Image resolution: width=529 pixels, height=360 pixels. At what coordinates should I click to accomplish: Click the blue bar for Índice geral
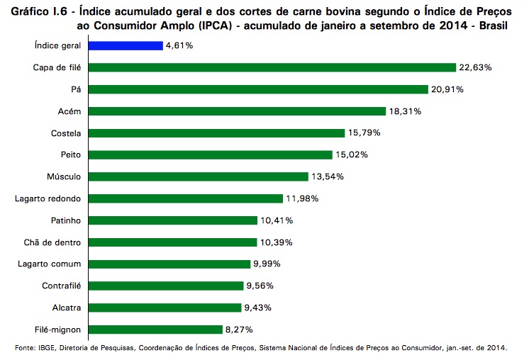point(127,45)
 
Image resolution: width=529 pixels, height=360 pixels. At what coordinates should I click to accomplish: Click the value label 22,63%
point(475,67)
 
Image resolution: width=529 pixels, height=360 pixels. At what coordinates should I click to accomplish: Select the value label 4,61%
point(179,45)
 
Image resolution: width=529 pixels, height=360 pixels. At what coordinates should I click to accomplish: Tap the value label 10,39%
point(277,242)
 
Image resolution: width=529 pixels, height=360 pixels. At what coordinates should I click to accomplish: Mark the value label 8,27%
point(238,330)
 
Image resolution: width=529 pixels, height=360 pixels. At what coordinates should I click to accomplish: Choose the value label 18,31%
point(406,111)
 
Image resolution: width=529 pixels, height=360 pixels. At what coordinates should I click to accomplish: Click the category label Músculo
point(64,176)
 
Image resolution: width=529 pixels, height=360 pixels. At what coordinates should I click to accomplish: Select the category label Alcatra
point(66,308)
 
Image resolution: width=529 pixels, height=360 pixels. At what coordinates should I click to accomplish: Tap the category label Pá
point(75,89)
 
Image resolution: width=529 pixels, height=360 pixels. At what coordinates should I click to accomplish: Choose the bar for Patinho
point(174,220)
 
